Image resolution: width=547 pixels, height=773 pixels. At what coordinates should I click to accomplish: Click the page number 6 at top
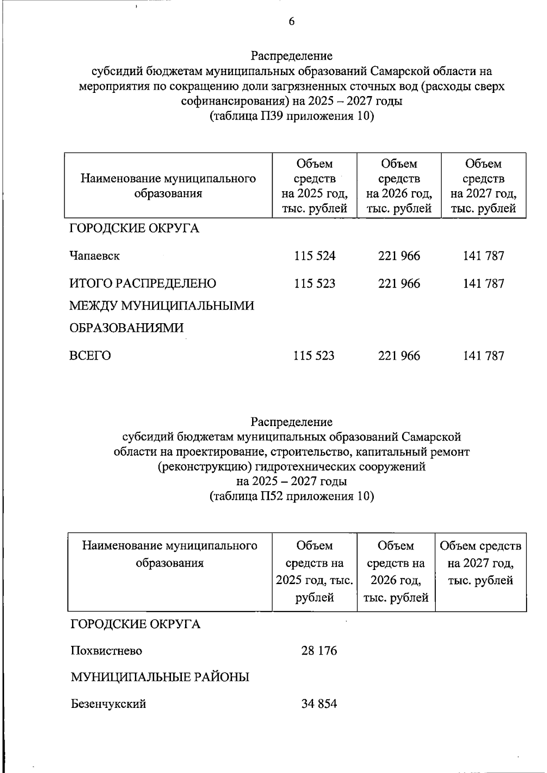click(291, 22)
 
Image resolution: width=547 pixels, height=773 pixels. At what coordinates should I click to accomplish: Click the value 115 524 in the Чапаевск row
click(315, 256)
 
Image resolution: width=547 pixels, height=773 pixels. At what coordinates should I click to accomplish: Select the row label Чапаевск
click(94, 256)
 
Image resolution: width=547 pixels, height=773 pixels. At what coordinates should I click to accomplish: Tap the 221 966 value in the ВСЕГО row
click(399, 356)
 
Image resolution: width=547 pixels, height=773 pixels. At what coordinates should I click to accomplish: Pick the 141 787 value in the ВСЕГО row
click(483, 356)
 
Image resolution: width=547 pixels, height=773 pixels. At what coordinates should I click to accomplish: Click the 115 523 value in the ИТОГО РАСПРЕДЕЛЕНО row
click(315, 284)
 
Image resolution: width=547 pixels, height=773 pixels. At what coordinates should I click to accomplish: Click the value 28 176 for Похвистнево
click(319, 651)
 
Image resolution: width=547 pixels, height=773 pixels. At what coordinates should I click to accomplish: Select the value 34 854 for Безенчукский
click(319, 704)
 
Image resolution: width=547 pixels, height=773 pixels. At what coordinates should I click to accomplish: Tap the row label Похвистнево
click(106, 651)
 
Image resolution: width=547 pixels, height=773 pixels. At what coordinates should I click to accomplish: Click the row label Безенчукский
click(108, 704)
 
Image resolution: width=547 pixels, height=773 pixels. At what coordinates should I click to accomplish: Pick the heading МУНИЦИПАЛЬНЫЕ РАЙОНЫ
click(160, 677)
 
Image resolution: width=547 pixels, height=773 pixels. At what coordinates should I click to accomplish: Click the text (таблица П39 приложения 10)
click(292, 117)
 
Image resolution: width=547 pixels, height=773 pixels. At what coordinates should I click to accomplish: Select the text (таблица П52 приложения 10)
click(292, 496)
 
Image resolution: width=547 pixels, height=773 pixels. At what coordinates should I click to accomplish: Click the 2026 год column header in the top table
click(399, 186)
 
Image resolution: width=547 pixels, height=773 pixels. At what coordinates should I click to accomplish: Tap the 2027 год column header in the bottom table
click(481, 563)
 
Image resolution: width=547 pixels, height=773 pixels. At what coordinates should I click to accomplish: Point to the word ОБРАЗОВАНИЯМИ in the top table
click(126, 328)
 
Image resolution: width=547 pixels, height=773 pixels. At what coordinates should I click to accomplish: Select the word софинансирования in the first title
click(232, 101)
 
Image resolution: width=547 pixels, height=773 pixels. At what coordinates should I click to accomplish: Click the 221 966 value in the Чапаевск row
click(399, 256)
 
